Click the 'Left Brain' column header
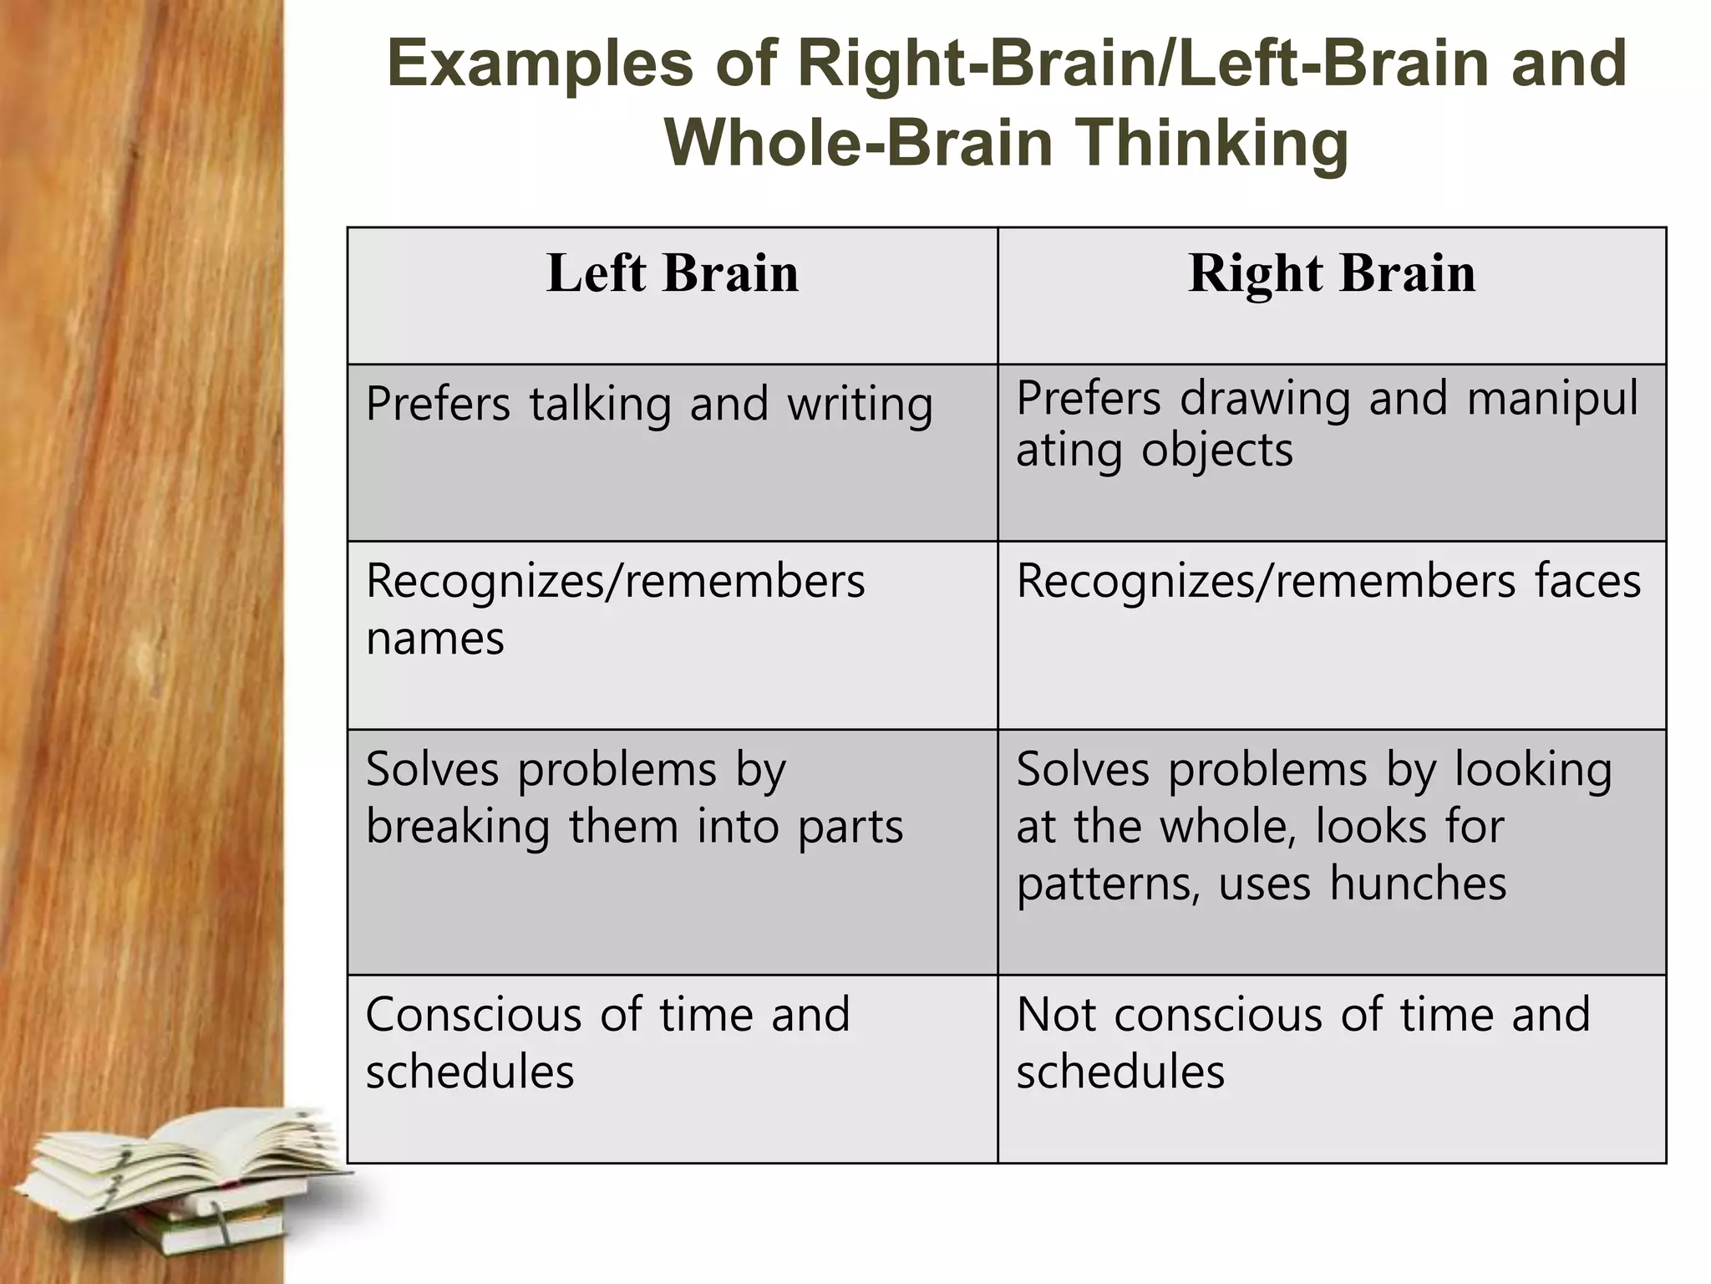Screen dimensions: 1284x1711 (x=673, y=273)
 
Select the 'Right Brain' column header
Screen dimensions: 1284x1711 (x=1332, y=273)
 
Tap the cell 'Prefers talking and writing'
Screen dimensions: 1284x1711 (x=649, y=405)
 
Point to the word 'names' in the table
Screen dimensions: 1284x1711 (x=435, y=639)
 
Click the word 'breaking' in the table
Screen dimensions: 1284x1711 (x=458, y=827)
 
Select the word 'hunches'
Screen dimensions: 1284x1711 (x=1418, y=884)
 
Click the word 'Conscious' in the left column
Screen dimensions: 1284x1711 (x=473, y=1015)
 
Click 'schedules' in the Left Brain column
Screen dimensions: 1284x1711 (x=470, y=1072)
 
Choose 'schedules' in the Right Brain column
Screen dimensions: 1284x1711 (x=1120, y=1072)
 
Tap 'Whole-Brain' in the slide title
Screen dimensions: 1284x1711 (x=858, y=143)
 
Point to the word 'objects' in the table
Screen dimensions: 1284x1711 (x=1217, y=451)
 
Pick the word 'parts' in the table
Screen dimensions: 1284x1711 (x=850, y=828)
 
